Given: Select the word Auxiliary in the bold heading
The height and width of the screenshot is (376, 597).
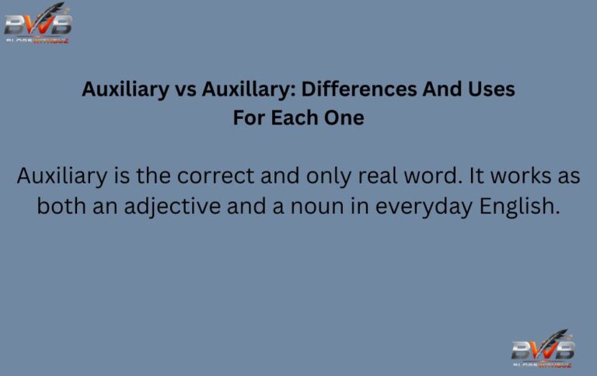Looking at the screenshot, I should pyautogui.click(x=124, y=89).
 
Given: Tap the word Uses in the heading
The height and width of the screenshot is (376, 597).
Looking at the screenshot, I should pyautogui.click(x=490, y=89).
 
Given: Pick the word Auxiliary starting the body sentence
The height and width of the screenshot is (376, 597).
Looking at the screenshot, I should pyautogui.click(x=63, y=176).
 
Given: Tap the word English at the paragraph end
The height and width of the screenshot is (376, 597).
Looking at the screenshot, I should pyautogui.click(x=522, y=207).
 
